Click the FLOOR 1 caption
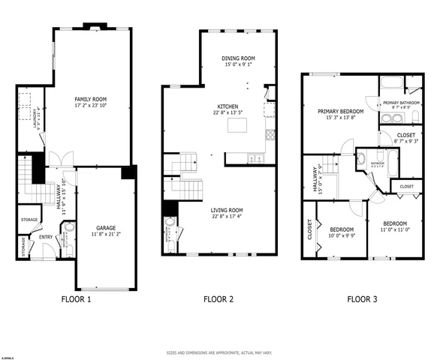pyautogui.click(x=76, y=299)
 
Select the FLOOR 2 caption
pyautogui.click(x=218, y=299)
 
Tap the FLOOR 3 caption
pyautogui.click(x=362, y=299)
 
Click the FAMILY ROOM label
pyautogui.click(x=89, y=99)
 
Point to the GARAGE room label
pyautogui.click(x=106, y=227)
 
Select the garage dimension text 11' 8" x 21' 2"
pyautogui.click(x=106, y=234)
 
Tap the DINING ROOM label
pyautogui.click(x=239, y=58)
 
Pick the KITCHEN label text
pyautogui.click(x=228, y=106)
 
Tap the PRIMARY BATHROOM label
pyautogui.click(x=401, y=103)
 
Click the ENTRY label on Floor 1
pyautogui.click(x=46, y=238)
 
